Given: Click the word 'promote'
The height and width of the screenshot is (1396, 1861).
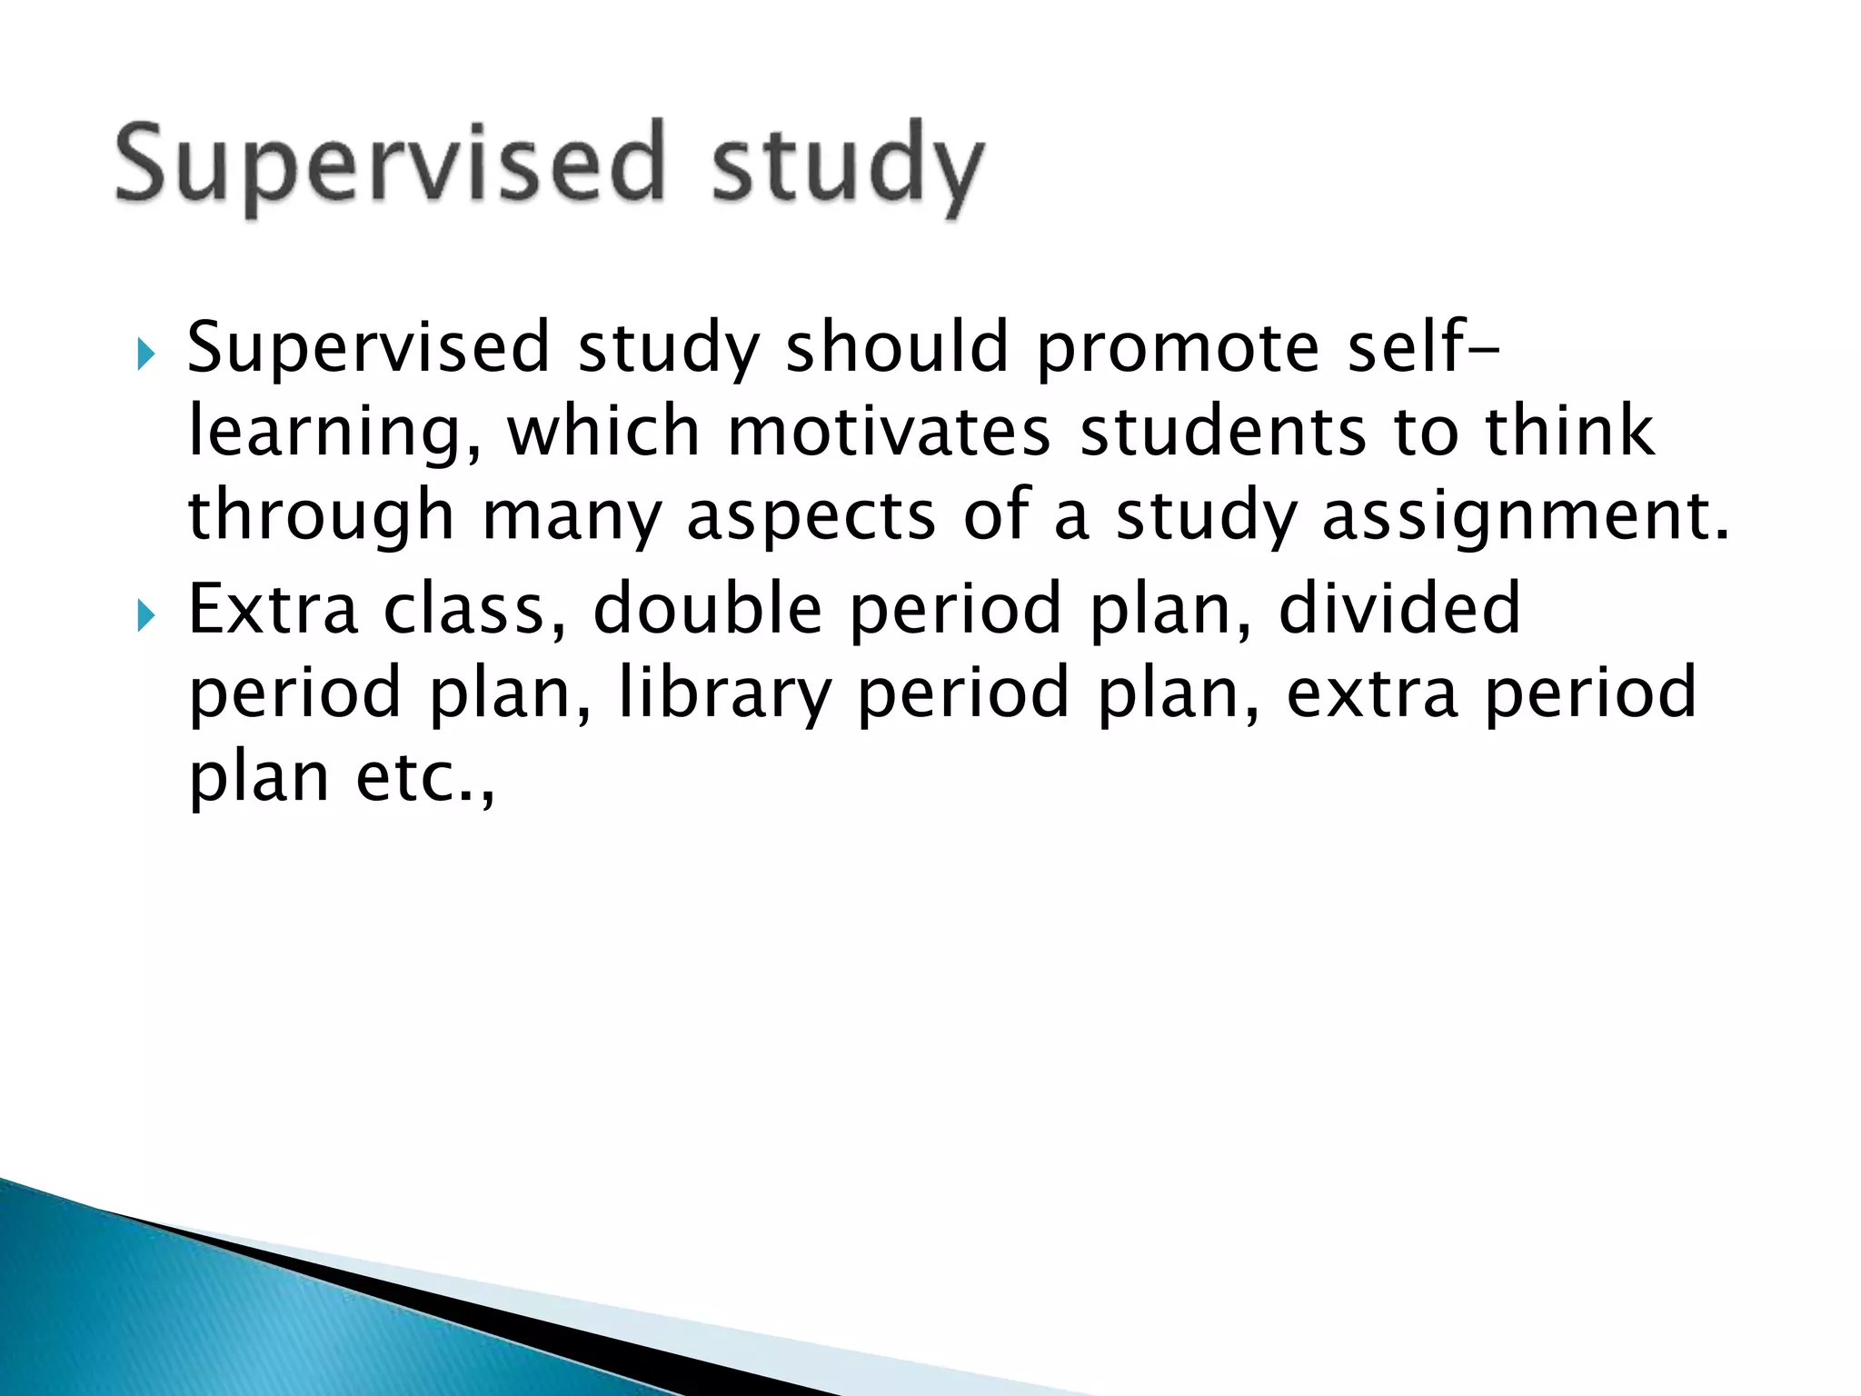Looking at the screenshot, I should (x=1178, y=349).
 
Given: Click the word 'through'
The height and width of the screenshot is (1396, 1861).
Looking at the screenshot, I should (x=321, y=516).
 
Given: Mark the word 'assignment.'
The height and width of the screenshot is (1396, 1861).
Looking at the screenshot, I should (x=1526, y=516).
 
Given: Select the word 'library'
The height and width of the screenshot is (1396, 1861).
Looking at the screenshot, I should (x=724, y=693).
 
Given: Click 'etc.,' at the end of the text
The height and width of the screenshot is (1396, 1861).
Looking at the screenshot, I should (x=425, y=778).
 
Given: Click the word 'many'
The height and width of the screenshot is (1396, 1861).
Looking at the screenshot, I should (x=571, y=516).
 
